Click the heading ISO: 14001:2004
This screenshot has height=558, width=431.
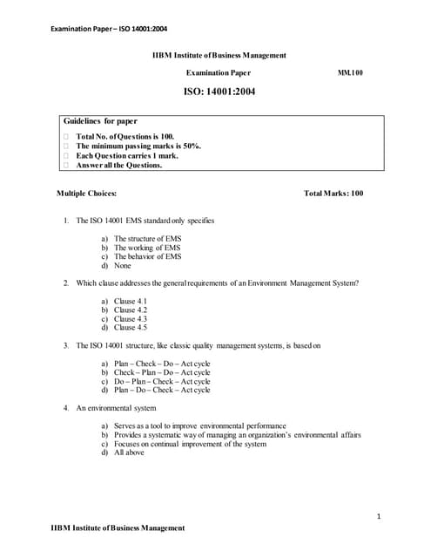pyautogui.click(x=219, y=90)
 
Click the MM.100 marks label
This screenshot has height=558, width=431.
pyautogui.click(x=350, y=72)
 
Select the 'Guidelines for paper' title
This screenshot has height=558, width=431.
pyautogui.click(x=100, y=121)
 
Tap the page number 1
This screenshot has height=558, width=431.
pyautogui.click(x=380, y=517)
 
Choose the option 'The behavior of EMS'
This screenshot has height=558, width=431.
pyautogui.click(x=148, y=256)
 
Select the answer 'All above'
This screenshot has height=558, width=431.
pyautogui.click(x=129, y=453)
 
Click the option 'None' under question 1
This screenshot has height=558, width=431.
pyautogui.click(x=123, y=265)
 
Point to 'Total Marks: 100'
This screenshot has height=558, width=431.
pyautogui.click(x=333, y=193)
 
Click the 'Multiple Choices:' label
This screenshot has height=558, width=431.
pyautogui.click(x=87, y=193)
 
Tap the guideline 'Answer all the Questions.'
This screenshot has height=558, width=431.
pyautogui.click(x=119, y=165)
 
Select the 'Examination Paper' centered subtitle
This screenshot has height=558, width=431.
pyautogui.click(x=219, y=72)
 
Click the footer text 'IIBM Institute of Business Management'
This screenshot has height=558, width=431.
pyautogui.click(x=118, y=527)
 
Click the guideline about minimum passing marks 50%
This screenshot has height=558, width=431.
pyautogui.click(x=138, y=146)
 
